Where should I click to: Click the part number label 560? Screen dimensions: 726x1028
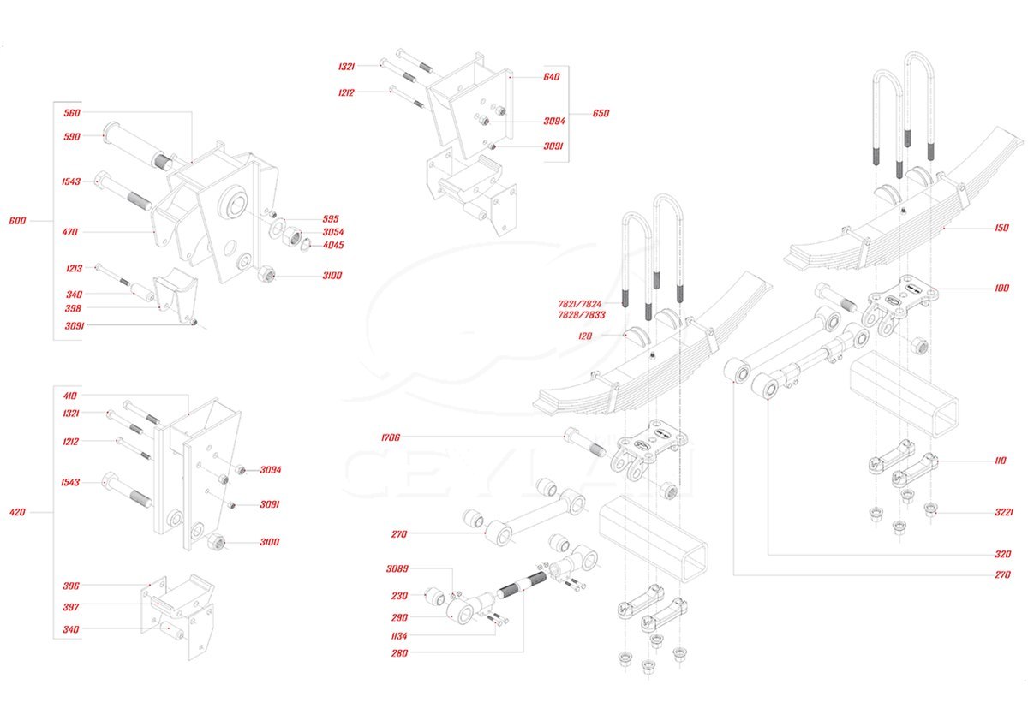(x=71, y=113)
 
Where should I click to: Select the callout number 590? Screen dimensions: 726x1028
(x=71, y=137)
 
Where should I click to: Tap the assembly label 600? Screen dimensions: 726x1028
(x=17, y=221)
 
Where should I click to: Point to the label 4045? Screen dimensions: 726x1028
(x=332, y=246)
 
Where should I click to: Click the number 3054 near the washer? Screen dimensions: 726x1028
(x=332, y=232)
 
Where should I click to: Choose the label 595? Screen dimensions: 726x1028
(x=331, y=218)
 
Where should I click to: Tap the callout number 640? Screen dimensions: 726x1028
(x=551, y=77)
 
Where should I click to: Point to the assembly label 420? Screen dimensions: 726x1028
(x=17, y=513)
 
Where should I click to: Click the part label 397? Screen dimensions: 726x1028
(x=71, y=607)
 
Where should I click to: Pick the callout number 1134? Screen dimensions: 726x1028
(x=397, y=635)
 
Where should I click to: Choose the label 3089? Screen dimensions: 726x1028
(x=397, y=568)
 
